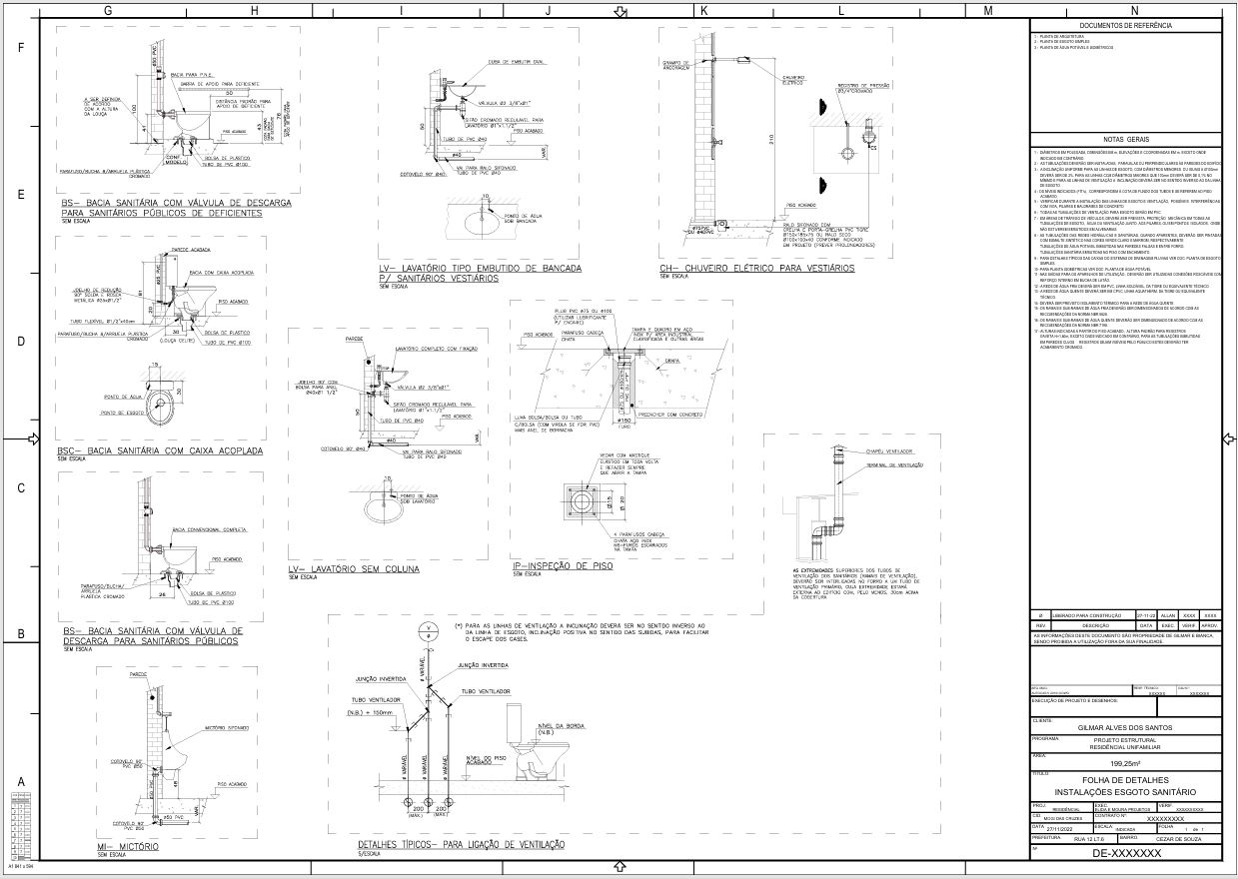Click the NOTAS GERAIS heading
point(1127,140)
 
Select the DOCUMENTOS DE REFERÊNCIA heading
point(1127,25)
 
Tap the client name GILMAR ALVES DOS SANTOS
point(1127,727)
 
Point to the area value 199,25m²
point(1127,763)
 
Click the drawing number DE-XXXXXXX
point(1127,854)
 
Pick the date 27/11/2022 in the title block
point(1067,828)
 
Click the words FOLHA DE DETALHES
point(1127,779)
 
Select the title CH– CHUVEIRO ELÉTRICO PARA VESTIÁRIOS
point(756,269)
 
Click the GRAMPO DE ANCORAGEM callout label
point(676,65)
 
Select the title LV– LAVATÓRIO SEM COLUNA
point(354,568)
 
